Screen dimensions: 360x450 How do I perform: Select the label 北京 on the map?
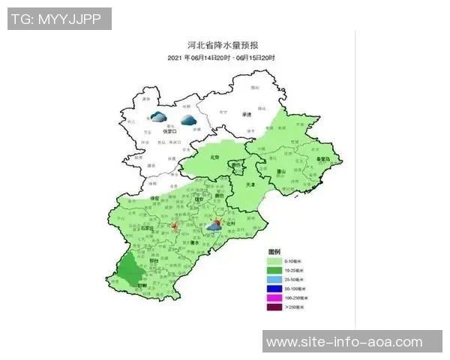click(214, 157)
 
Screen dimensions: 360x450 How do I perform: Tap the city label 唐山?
click(282, 171)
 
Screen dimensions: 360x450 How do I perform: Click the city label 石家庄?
click(147, 227)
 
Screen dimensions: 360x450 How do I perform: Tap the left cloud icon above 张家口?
click(159, 116)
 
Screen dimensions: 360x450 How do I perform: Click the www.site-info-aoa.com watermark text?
click(344, 342)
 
